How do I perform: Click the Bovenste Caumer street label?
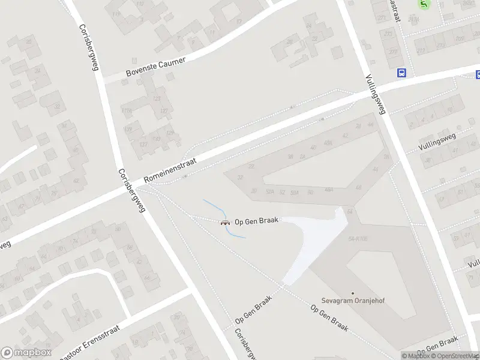155,67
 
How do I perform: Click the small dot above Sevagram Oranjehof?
353,293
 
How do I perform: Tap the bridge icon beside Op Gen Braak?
226,223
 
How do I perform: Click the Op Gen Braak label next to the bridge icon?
257,221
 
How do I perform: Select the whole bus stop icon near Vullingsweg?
401,73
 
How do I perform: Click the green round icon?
425,5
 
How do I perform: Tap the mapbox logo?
26,353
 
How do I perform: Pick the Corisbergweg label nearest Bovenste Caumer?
88,47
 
